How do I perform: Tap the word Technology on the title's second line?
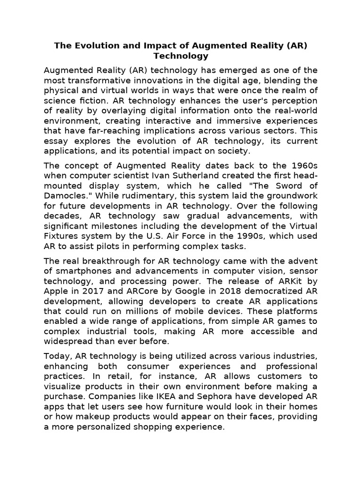point(181,56)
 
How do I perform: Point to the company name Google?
point(181,291)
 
